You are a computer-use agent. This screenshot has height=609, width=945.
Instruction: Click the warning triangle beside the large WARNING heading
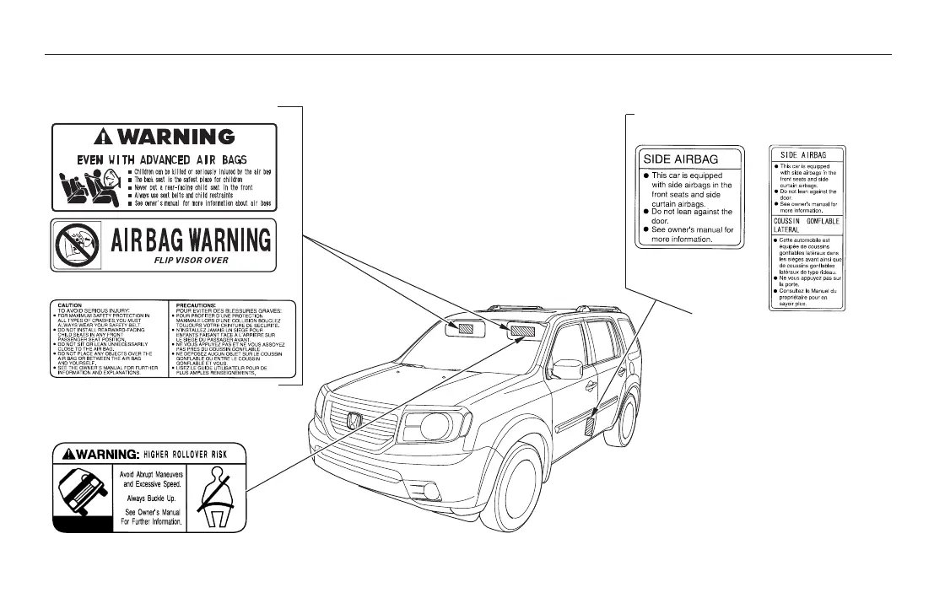pyautogui.click(x=104, y=136)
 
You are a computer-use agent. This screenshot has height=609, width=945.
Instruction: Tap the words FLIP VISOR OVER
pyautogui.click(x=192, y=261)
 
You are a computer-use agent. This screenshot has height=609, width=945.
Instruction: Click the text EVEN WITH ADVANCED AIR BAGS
pyautogui.click(x=164, y=159)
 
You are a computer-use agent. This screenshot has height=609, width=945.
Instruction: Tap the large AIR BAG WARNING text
pyautogui.click(x=192, y=240)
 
